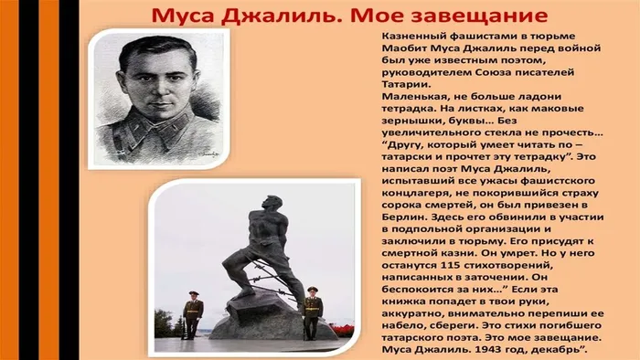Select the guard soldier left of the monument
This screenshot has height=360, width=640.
[192, 313]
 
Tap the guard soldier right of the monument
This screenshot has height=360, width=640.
[312, 310]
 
